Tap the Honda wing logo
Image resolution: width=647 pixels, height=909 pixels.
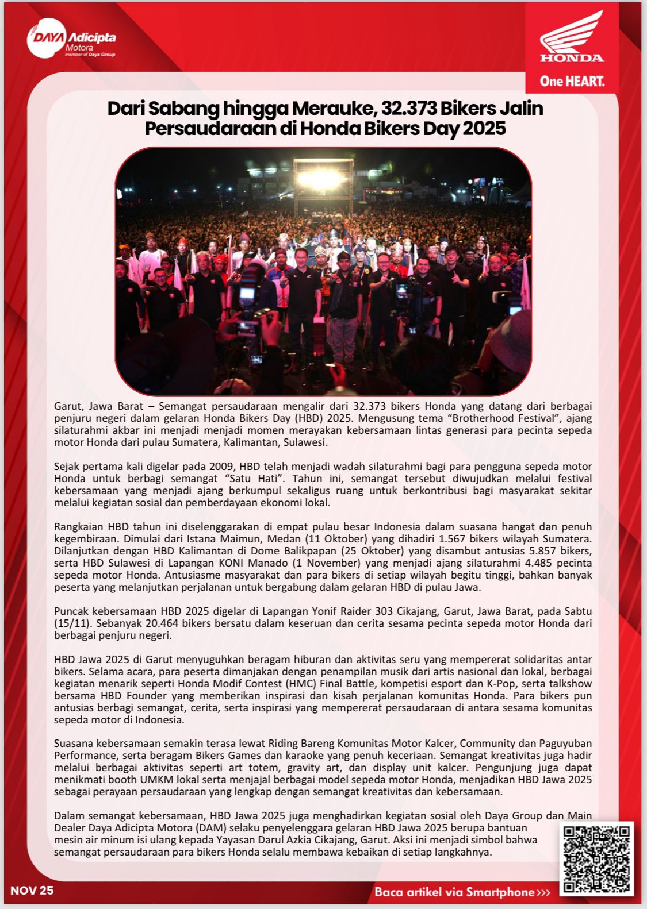572,37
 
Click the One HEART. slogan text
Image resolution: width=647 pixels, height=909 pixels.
572,81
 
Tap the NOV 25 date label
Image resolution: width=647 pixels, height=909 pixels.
32,890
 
